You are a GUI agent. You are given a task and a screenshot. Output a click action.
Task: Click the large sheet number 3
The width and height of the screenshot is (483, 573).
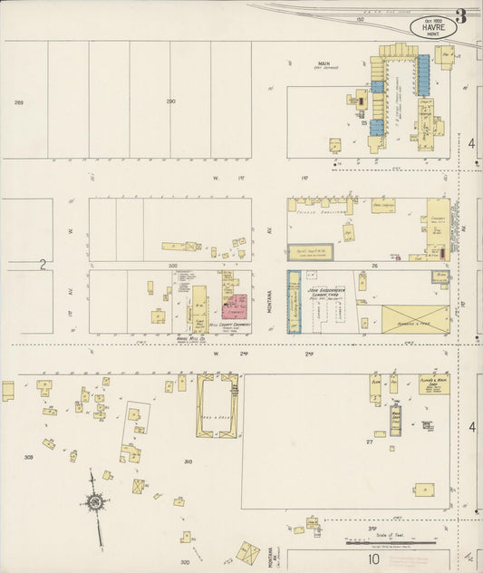[x=460, y=15]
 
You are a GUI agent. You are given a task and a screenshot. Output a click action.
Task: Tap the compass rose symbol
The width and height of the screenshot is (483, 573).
[x=93, y=500]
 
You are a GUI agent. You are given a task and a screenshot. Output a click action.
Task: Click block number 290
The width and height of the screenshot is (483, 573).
[x=170, y=102]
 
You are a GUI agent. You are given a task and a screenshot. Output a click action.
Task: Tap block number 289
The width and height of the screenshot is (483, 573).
[x=19, y=102]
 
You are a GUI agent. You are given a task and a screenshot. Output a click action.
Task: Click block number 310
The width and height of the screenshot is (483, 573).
[x=188, y=462]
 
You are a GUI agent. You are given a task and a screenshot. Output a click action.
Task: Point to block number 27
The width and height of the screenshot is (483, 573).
[x=370, y=442]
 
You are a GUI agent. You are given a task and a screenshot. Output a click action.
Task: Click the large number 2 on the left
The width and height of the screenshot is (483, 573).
[x=42, y=264]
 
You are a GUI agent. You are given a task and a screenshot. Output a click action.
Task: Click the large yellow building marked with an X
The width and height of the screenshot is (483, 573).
[x=414, y=318]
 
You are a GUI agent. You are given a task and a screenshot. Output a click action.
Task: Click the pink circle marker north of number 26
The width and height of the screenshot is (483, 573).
[x=396, y=257]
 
